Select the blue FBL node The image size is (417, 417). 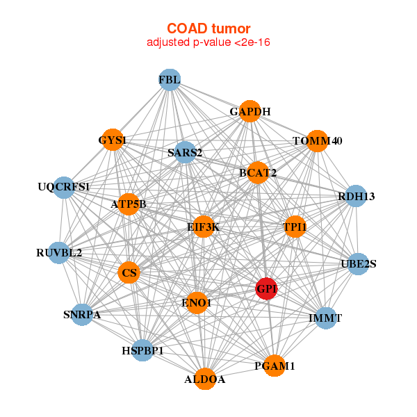170,80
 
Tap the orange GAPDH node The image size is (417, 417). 250,111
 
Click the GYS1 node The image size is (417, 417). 113,140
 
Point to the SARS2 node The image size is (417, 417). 185,152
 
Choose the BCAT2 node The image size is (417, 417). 258,173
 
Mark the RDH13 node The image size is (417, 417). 356,196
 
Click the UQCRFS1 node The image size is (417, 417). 64,187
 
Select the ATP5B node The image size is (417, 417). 129,204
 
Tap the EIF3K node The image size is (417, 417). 203,227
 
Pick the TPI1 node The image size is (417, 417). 295,227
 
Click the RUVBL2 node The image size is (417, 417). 60,252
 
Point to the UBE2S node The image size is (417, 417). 358,263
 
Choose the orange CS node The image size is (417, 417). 129,273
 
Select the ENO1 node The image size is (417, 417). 197,302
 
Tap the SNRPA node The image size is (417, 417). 82,315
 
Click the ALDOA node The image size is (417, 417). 205,379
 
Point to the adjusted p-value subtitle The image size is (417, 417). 208,42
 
